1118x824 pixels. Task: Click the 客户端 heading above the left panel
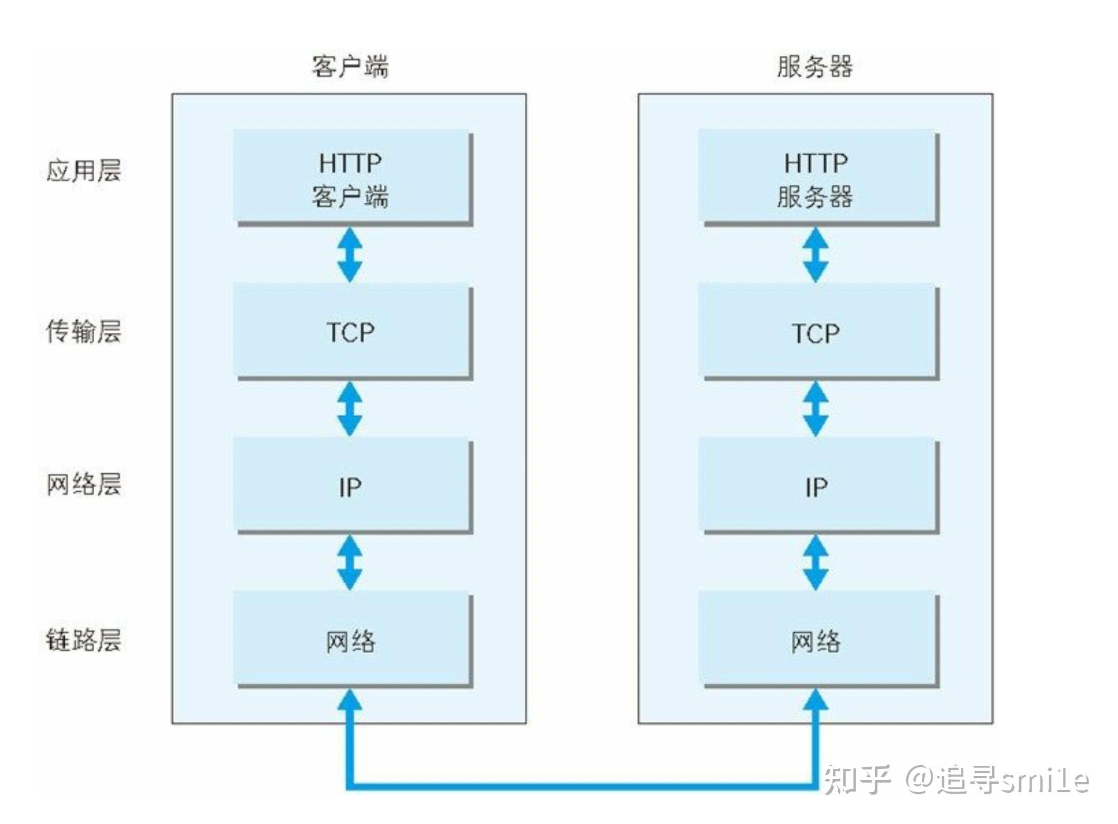pyautogui.click(x=350, y=66)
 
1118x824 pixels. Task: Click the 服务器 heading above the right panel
pyautogui.click(x=815, y=66)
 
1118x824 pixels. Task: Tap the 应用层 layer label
pyautogui.click(x=83, y=171)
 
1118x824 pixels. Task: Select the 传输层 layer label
pyautogui.click(x=83, y=331)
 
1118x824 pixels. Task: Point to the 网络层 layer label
pyautogui.click(x=83, y=485)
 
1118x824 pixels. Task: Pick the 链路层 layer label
pyautogui.click(x=83, y=640)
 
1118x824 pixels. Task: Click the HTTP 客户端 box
pyautogui.click(x=351, y=178)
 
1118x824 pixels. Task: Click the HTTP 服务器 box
pyautogui.click(x=817, y=178)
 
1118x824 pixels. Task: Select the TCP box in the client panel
pyautogui.click(x=351, y=331)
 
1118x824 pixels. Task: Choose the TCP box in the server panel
pyautogui.click(x=817, y=332)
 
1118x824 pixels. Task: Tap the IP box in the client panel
pyautogui.click(x=351, y=486)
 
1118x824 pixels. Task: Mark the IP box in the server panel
pyautogui.click(x=817, y=486)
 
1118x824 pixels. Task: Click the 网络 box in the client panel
pyautogui.click(x=351, y=640)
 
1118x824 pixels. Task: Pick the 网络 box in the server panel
pyautogui.click(x=817, y=640)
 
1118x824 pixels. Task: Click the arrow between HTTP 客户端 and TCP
pyautogui.click(x=350, y=255)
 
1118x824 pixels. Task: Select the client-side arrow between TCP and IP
pyautogui.click(x=350, y=409)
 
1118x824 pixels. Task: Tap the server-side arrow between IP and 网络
pyautogui.click(x=816, y=563)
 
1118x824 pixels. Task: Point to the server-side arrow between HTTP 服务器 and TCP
pyautogui.click(x=816, y=255)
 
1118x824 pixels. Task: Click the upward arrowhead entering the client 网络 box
pyautogui.click(x=350, y=700)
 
